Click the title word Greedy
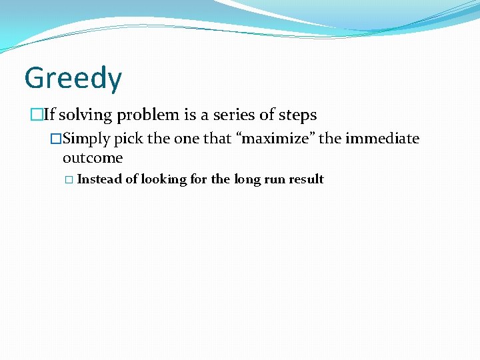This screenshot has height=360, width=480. [73, 79]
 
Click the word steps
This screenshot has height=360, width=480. [297, 115]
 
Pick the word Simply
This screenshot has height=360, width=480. [87, 139]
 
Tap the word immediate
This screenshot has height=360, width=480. [382, 139]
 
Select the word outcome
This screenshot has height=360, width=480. [93, 158]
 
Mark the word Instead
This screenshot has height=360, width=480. [100, 179]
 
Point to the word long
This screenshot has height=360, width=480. [247, 179]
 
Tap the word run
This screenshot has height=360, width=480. [274, 179]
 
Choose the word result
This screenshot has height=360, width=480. [306, 179]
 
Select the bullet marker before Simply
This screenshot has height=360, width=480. [56, 139]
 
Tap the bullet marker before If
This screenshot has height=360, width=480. [37, 115]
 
